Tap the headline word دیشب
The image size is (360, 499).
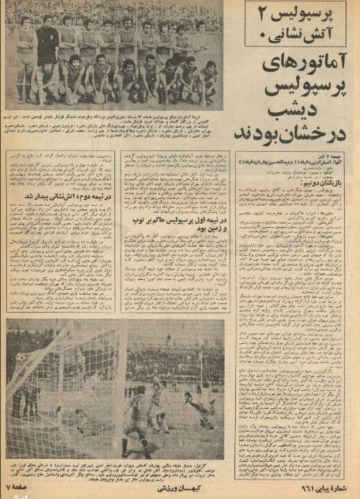click(305, 112)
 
